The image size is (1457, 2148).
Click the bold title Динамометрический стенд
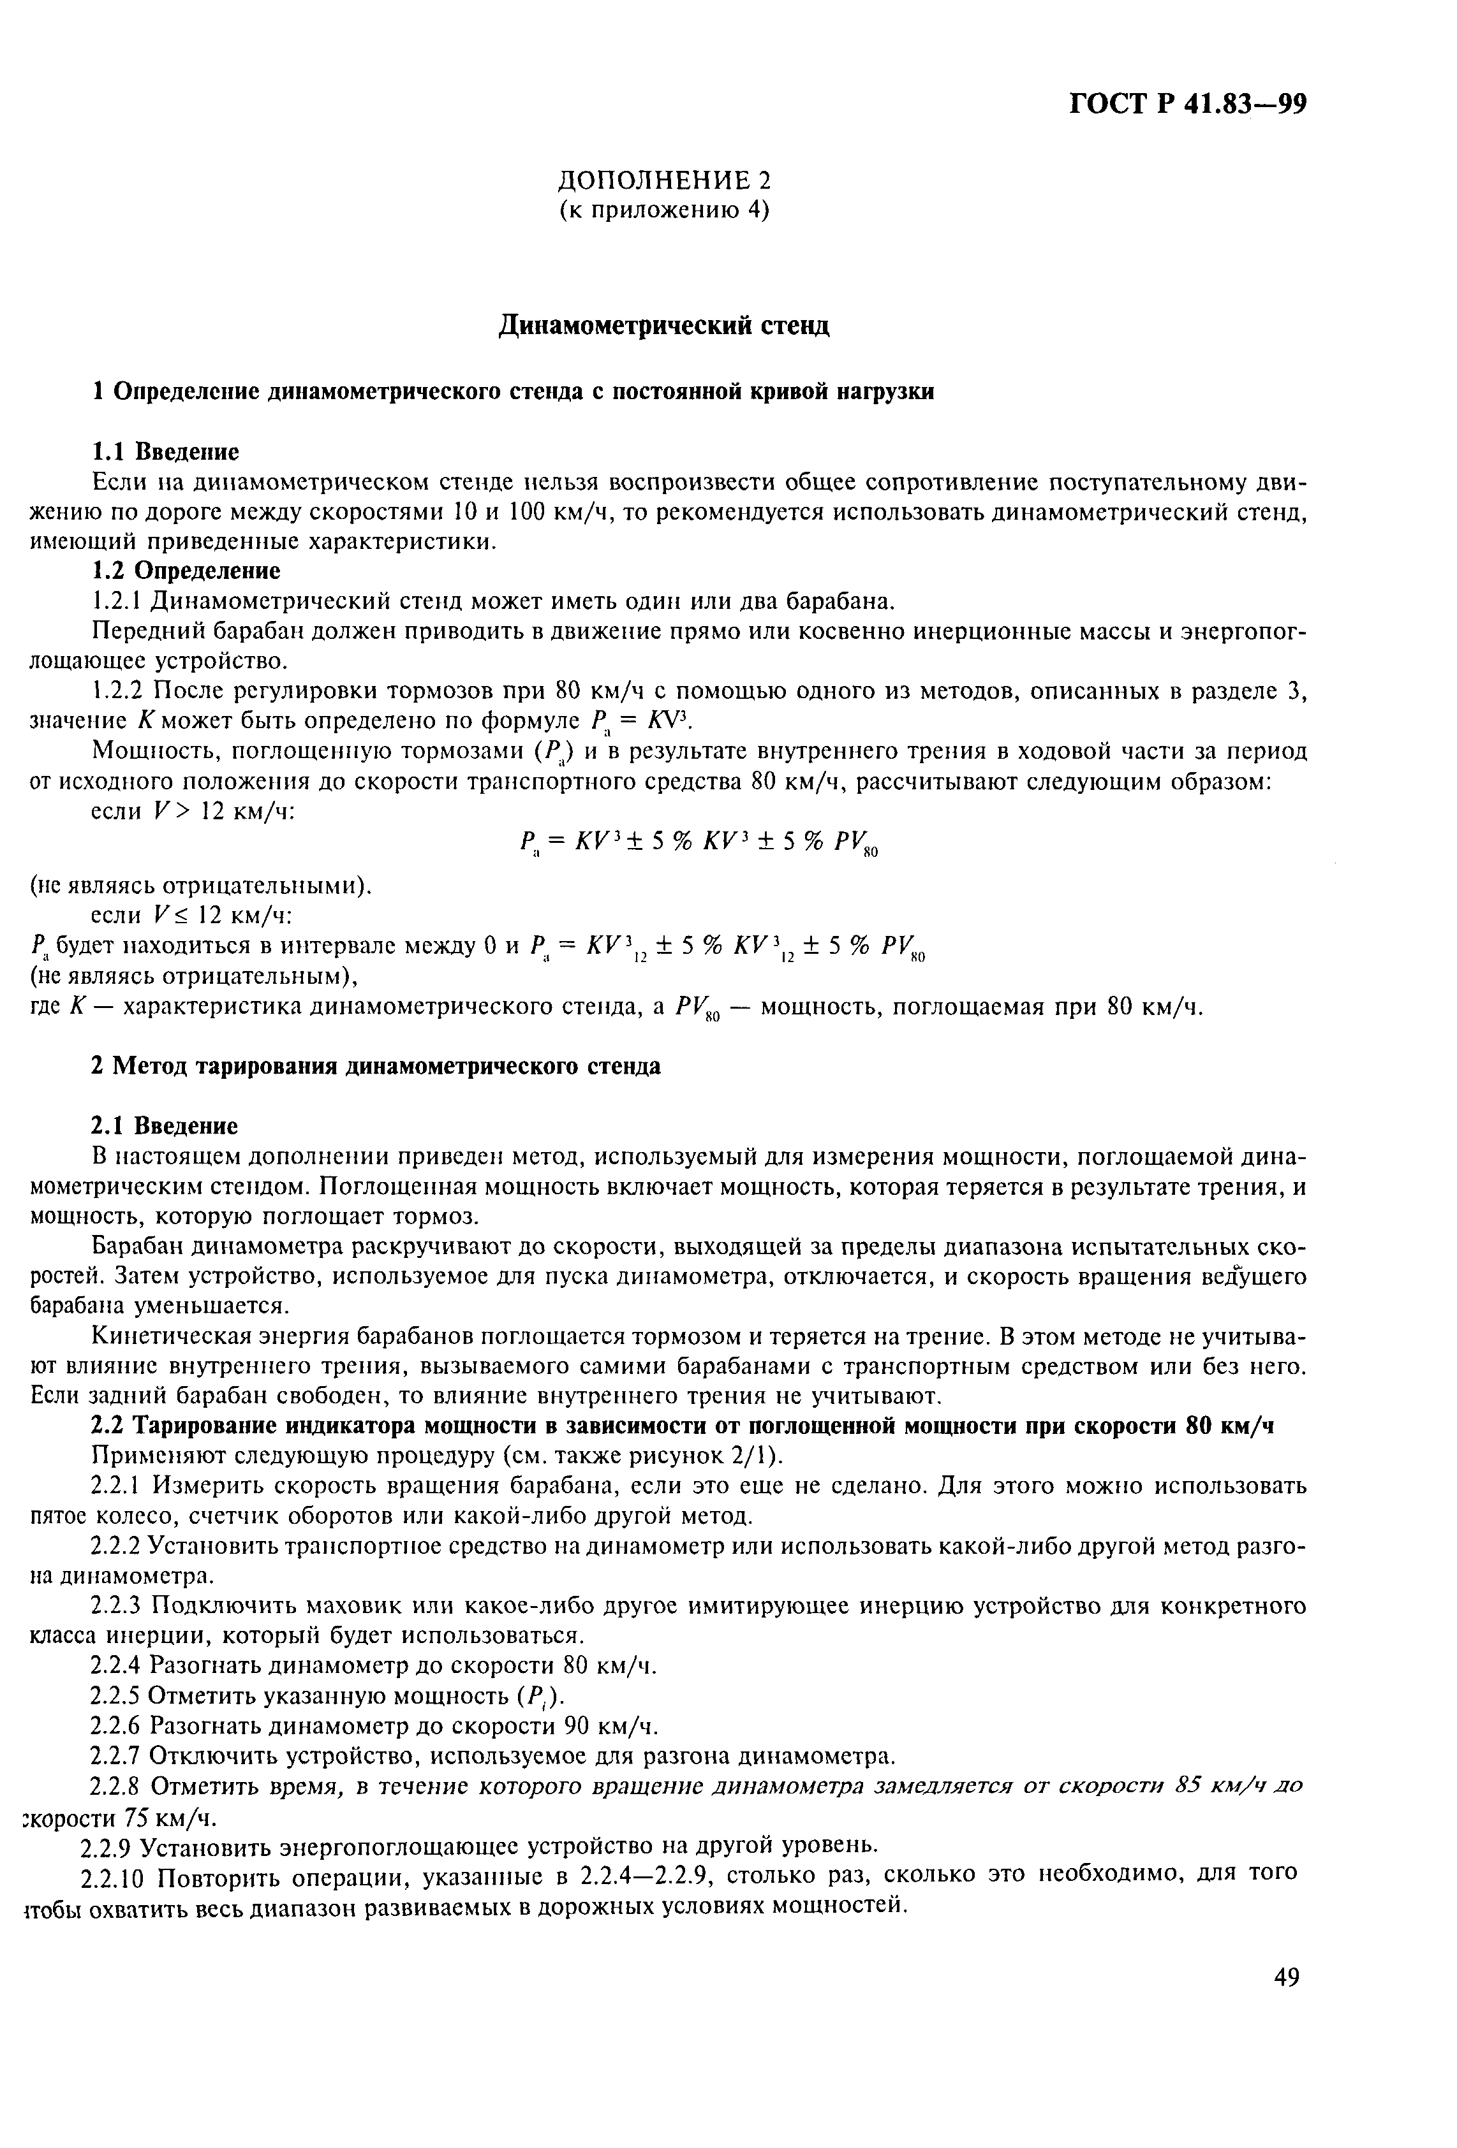(x=664, y=325)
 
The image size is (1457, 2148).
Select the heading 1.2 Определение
(x=185, y=570)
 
